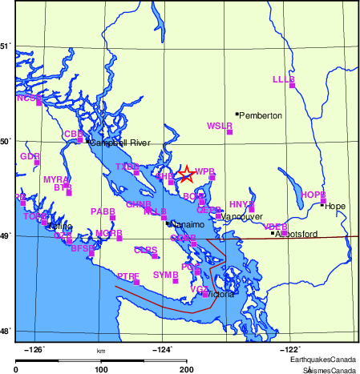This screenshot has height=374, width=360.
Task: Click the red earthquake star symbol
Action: pyautogui.click(x=185, y=174)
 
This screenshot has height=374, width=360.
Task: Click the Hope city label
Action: pyautogui.click(x=335, y=206)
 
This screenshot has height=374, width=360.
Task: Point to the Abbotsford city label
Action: pyautogui.click(x=297, y=234)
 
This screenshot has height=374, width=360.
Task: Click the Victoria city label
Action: pyautogui.click(x=220, y=295)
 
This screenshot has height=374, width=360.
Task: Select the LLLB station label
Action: pyautogui.click(x=284, y=79)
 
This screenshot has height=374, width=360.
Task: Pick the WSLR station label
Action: pyautogui.click(x=219, y=126)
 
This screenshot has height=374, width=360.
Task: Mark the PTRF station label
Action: pyautogui.click(x=127, y=275)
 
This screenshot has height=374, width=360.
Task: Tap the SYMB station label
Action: pyautogui.click(x=164, y=275)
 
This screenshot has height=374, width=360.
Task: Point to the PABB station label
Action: pyautogui.click(x=103, y=211)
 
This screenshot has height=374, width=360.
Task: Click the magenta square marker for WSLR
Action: pyautogui.click(x=229, y=131)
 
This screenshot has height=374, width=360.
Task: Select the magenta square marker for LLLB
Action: pyautogui.click(x=292, y=85)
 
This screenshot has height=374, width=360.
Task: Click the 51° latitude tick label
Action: pyautogui.click(x=6, y=46)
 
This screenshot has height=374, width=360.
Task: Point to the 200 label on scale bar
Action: pyautogui.click(x=187, y=369)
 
